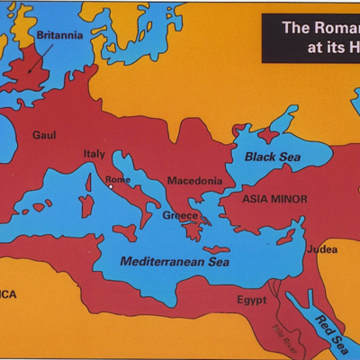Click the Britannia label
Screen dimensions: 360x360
59,35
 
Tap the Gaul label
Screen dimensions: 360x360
44,135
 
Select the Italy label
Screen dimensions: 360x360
94,154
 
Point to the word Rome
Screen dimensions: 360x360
118,179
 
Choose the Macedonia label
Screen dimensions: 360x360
194,180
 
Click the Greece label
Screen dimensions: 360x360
180,215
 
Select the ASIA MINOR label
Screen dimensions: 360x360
274,198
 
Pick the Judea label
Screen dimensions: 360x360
321,249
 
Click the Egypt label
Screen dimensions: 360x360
252,299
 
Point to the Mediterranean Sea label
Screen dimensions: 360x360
175,262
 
